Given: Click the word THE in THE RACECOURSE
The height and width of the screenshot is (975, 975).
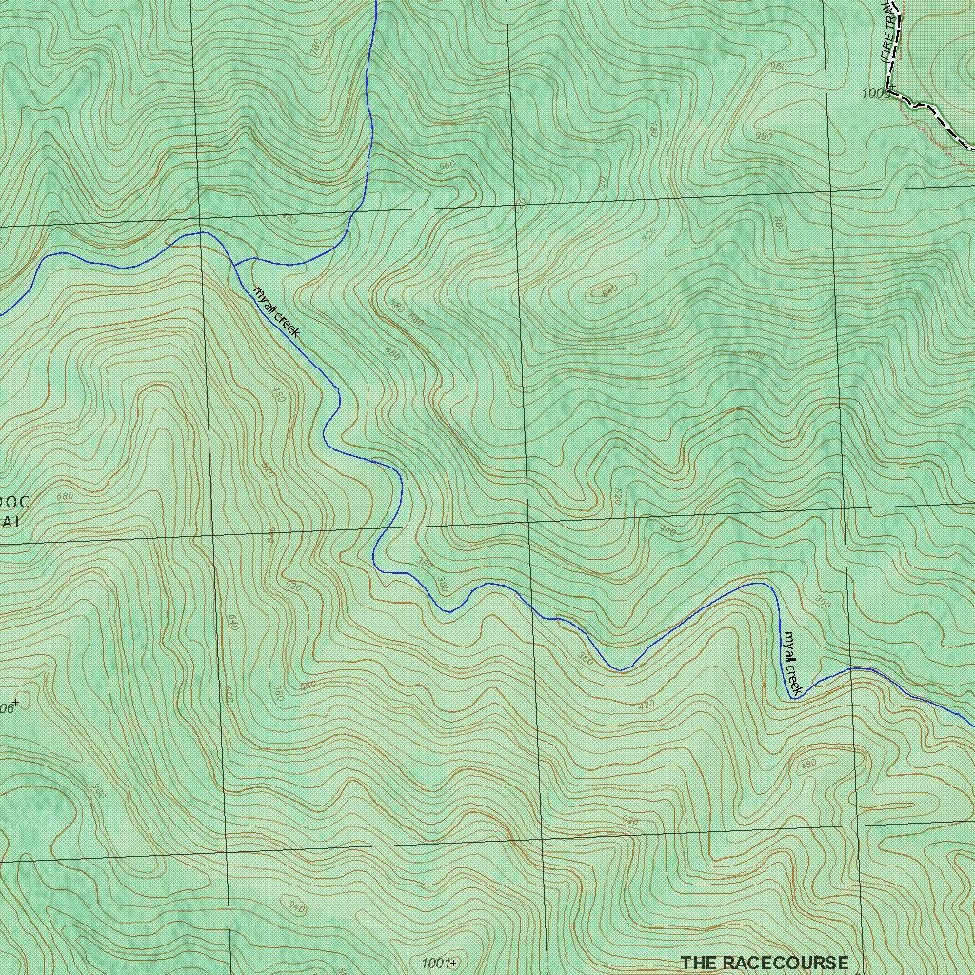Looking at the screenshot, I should [x=698, y=963].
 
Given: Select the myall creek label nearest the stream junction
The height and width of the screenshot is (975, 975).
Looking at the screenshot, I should [x=276, y=311].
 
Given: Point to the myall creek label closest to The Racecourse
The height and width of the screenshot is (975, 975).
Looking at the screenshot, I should [x=793, y=663].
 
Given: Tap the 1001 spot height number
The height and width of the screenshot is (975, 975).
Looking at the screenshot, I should [x=436, y=963].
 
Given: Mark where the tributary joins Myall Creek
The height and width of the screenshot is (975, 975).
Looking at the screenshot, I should [x=235, y=261].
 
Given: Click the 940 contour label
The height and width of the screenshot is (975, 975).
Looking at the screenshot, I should [x=296, y=909].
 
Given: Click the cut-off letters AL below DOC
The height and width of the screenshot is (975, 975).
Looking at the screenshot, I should [x=11, y=522].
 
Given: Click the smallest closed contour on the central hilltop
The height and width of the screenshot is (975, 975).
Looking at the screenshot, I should [x=602, y=290].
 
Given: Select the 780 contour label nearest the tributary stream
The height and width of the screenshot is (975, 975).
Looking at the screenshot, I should [x=315, y=45].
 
